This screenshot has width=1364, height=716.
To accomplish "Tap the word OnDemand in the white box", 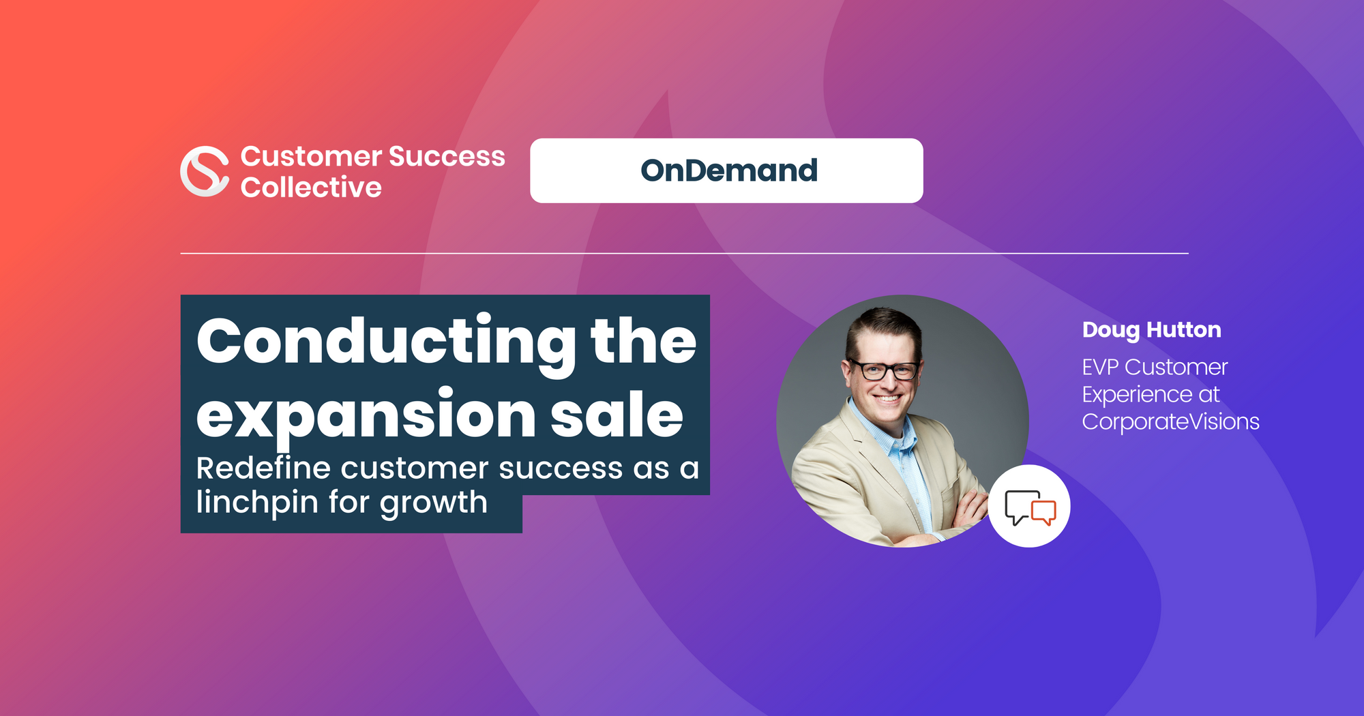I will [x=728, y=170].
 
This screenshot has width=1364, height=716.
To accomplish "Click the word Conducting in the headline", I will [x=386, y=342].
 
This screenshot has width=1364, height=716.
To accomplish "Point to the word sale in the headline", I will [x=617, y=415].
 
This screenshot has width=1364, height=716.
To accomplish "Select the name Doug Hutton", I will [x=1151, y=330].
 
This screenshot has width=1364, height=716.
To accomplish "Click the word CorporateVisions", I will [x=1170, y=421].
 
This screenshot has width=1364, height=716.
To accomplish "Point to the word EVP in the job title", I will [x=1100, y=368].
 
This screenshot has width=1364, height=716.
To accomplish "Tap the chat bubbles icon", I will [x=1029, y=507].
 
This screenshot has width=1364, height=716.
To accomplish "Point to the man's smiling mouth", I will [x=887, y=398].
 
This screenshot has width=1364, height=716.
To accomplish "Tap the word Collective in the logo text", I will [x=311, y=188].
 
